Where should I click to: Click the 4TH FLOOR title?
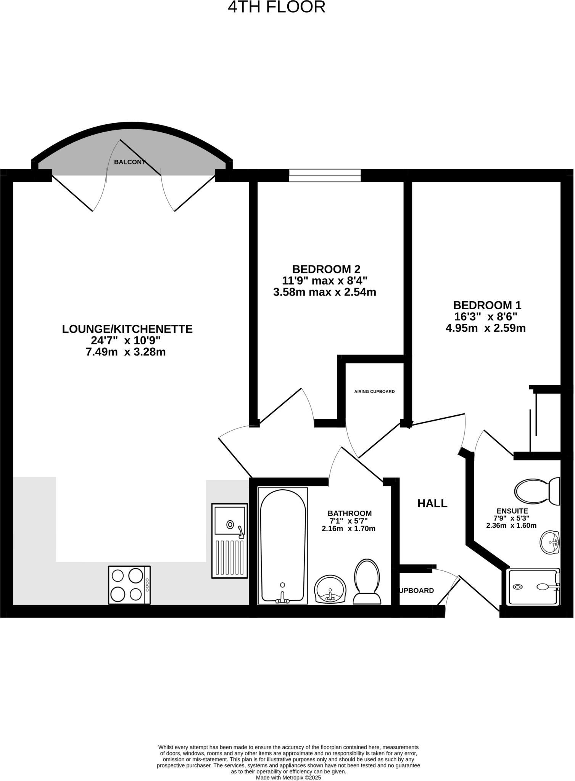[277, 7]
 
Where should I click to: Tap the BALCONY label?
[130, 162]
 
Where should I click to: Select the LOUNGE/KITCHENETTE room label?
[127, 329]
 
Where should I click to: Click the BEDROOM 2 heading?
[326, 269]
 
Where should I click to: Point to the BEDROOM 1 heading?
[487, 305]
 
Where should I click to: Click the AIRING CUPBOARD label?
[374, 392]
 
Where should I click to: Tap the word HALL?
[432, 503]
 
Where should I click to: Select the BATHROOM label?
[350, 514]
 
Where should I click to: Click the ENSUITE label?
[512, 511]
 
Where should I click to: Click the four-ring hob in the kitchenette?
[129, 585]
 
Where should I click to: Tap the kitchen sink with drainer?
[229, 541]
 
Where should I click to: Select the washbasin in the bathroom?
[330, 590]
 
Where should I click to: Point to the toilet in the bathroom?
[367, 582]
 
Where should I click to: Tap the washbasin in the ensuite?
[550, 542]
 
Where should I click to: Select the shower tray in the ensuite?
[533, 587]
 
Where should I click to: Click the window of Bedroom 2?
[325, 175]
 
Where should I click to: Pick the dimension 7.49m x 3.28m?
[126, 352]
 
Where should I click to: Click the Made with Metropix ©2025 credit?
[288, 778]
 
